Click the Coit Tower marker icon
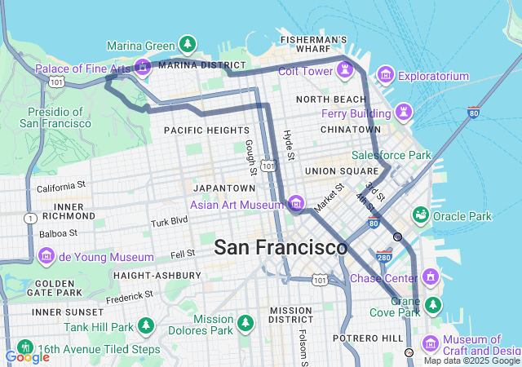point(347,70)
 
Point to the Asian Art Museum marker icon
point(294,203)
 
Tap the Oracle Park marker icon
point(420,215)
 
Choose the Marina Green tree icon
point(188,44)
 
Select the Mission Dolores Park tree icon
point(246,324)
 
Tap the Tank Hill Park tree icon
point(146,326)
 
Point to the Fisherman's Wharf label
point(313,44)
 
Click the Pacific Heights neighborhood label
point(206,130)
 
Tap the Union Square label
point(336,171)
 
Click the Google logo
point(27,357)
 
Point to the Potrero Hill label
point(368,338)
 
